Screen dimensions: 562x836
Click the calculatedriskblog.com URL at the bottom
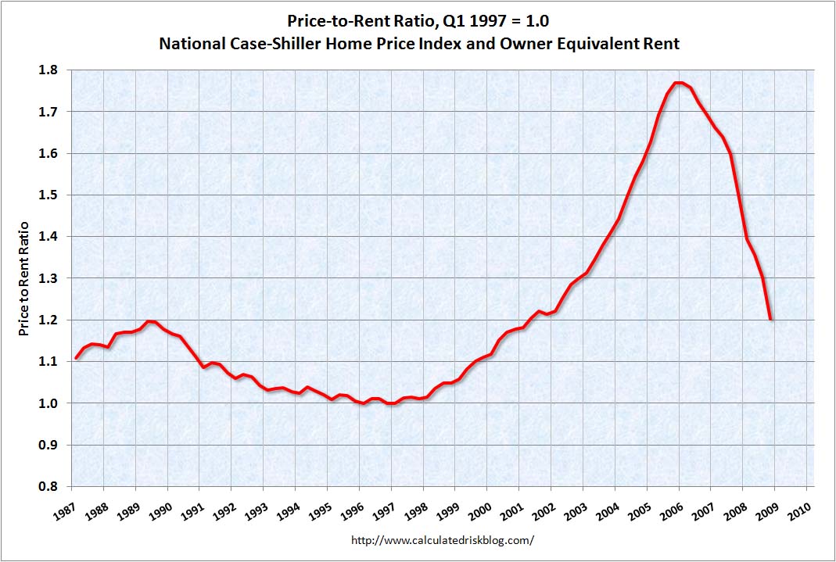(x=443, y=540)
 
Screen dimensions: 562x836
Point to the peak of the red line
(x=678, y=82)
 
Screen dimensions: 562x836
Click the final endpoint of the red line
(x=772, y=319)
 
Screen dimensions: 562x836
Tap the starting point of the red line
(x=76, y=358)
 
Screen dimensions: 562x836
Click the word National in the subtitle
(x=190, y=44)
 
